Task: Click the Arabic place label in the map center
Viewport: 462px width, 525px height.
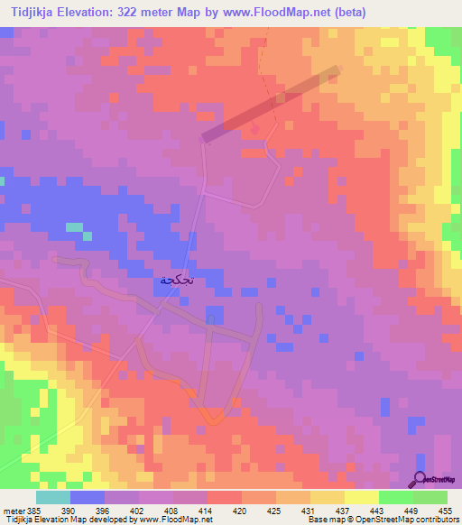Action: (178, 280)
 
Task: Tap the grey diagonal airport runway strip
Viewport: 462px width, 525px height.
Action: (272, 104)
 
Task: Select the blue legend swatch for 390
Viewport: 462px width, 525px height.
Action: (87, 497)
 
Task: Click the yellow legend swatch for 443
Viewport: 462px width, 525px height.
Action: (361, 497)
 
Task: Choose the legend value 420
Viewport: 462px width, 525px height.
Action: (241, 510)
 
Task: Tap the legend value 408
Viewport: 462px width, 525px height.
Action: (173, 510)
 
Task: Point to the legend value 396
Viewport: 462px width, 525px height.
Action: (105, 510)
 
